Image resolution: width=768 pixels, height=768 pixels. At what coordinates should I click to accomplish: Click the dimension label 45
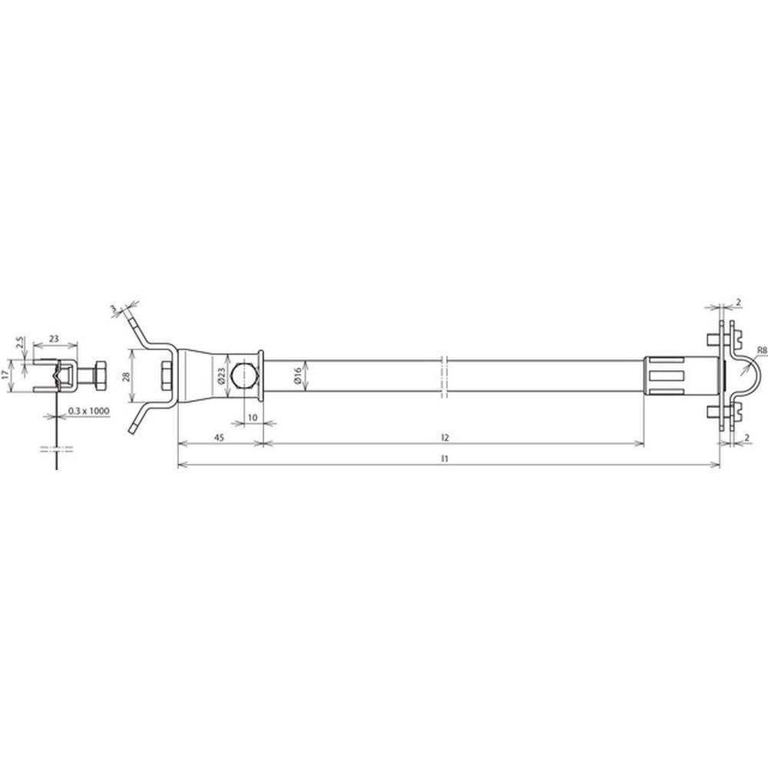[219, 438]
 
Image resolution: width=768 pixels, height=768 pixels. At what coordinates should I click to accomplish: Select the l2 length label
[445, 438]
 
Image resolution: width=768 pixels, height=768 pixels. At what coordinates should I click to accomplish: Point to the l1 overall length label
[444, 459]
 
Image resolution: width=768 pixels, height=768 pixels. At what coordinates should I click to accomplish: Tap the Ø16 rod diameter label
[298, 376]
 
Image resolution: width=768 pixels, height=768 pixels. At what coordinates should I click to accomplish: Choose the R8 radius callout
[762, 349]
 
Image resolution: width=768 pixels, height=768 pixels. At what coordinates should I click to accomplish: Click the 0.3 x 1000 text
[88, 411]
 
